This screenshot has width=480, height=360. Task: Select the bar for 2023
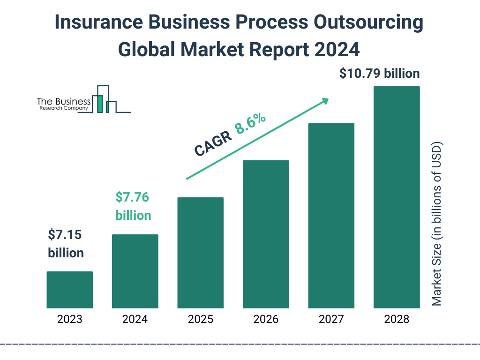click(69, 290)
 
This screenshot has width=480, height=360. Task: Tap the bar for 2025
click(200, 253)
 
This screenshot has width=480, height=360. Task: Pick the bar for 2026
click(266, 234)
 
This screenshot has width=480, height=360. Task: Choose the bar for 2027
click(331, 216)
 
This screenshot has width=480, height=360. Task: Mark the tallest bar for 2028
click(397, 197)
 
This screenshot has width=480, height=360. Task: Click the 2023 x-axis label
click(69, 320)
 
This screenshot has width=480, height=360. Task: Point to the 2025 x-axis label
click(200, 320)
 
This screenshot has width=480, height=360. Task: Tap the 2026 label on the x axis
click(266, 320)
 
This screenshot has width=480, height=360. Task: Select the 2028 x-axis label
click(397, 320)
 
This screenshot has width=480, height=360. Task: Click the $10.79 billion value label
click(379, 74)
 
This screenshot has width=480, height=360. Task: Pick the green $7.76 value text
click(132, 197)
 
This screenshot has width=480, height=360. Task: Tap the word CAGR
click(213, 143)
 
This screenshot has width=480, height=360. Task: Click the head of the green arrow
click(325, 101)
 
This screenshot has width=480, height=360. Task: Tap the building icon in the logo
click(105, 99)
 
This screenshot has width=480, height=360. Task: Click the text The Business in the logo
click(64, 101)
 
